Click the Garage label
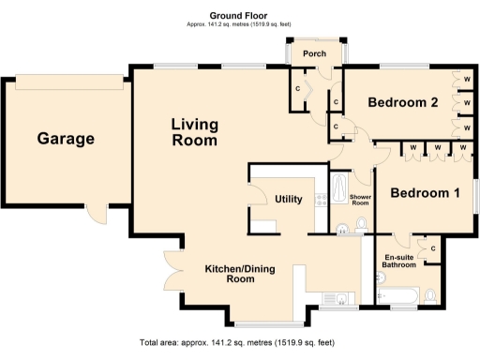tap(66, 139)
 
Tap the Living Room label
tap(194, 132)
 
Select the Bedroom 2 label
tap(403, 102)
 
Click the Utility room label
tap(287, 199)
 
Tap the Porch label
tap(314, 53)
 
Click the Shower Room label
tap(361, 200)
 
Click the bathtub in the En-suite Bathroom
tap(400, 298)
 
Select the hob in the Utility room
tap(321, 198)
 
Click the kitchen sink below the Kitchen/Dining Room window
tap(340, 299)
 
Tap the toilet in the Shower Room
tap(363, 223)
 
